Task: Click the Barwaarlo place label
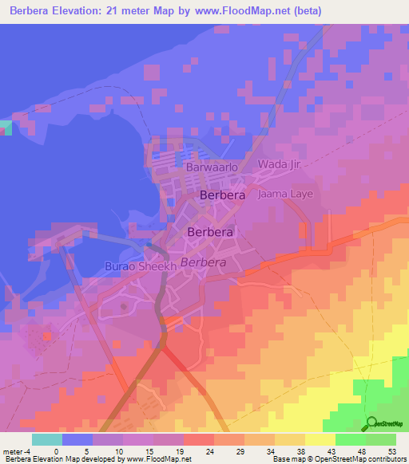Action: (x=212, y=168)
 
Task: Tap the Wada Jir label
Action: (x=278, y=164)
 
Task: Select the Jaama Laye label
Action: (x=285, y=194)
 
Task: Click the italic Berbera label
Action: (x=204, y=261)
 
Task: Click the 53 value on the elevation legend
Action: (x=392, y=450)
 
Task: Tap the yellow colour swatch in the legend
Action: (x=320, y=439)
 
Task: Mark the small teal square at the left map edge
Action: (x=6, y=128)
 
